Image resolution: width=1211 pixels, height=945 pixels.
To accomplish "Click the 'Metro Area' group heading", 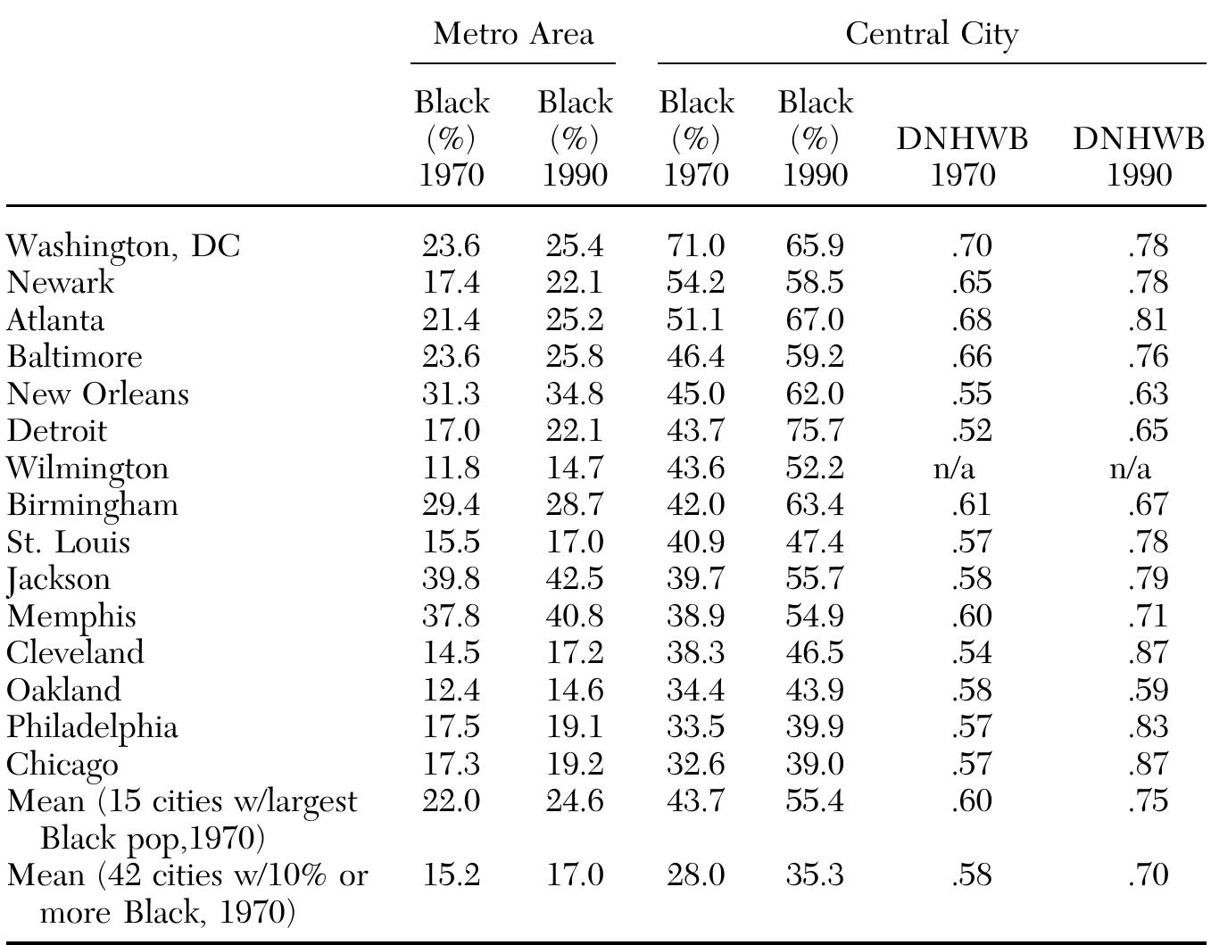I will tap(513, 34).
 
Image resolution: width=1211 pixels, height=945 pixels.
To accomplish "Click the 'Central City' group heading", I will tap(932, 34).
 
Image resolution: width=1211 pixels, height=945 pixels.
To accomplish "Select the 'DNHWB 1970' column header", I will tap(962, 156).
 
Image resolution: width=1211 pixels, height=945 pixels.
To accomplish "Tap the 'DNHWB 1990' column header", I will tap(1138, 156).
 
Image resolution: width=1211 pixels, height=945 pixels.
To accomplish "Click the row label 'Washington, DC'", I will tap(123, 245).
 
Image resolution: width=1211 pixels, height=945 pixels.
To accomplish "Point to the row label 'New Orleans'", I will tap(98, 394).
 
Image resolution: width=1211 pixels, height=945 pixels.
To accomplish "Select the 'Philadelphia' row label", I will tap(93, 727).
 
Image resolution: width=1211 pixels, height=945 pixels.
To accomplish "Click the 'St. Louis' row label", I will tap(69, 543).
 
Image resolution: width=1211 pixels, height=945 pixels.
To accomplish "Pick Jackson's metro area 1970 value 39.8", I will tap(451, 579).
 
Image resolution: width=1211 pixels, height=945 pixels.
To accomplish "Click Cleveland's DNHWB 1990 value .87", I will tap(1148, 653).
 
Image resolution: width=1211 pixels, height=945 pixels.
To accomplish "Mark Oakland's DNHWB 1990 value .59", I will tap(1148, 691).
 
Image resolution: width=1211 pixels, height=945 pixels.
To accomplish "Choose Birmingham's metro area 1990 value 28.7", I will tap(574, 505).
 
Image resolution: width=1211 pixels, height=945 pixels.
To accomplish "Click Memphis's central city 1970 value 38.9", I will tap(696, 617).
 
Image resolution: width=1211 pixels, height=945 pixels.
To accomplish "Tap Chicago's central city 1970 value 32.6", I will tap(696, 765).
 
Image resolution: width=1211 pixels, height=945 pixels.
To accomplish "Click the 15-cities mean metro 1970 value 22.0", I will tap(451, 801).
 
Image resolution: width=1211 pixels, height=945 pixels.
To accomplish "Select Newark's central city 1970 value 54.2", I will tap(696, 283).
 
